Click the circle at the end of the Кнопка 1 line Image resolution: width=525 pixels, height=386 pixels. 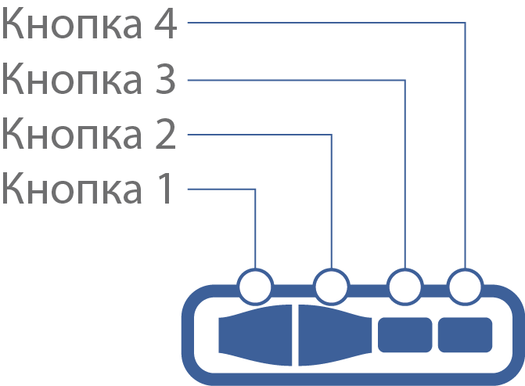click(255, 287)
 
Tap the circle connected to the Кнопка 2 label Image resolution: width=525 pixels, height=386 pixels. click(332, 287)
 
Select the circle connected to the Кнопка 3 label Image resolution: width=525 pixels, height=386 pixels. click(405, 287)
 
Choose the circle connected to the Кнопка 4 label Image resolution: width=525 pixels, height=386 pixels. click(465, 287)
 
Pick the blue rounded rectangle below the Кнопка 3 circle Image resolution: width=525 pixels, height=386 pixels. click(405, 335)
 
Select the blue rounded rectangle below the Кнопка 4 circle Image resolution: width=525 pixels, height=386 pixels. click(465, 335)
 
